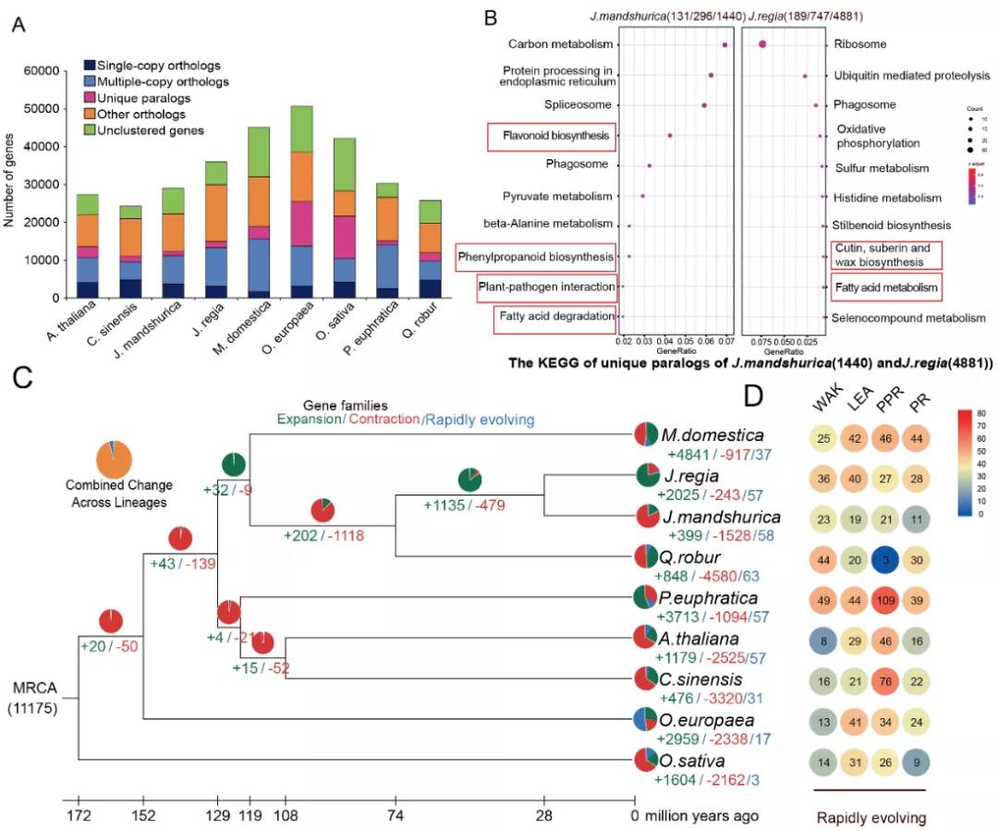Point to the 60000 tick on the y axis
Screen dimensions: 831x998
(44, 71)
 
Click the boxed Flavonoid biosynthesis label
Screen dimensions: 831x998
(551, 137)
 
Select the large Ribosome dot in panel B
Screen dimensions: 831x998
(762, 44)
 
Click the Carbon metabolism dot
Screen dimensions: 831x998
(725, 44)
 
